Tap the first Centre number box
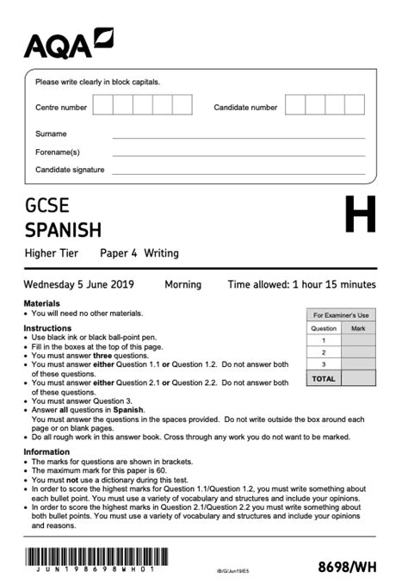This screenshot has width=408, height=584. (102, 105)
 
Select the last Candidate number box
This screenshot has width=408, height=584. (355, 105)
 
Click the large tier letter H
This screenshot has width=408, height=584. (360, 215)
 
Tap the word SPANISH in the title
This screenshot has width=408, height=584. (63, 230)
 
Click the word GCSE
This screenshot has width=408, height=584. (46, 207)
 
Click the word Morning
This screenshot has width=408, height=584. (182, 284)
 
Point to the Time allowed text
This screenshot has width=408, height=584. (301, 284)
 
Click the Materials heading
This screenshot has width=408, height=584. (41, 303)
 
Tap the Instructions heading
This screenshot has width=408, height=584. (47, 328)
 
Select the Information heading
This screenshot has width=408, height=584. (46, 451)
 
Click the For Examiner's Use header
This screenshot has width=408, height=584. (341, 315)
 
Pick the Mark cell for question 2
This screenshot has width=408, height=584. (359, 352)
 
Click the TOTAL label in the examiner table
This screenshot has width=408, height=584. (324, 378)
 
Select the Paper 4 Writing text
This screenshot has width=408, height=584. (139, 253)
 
